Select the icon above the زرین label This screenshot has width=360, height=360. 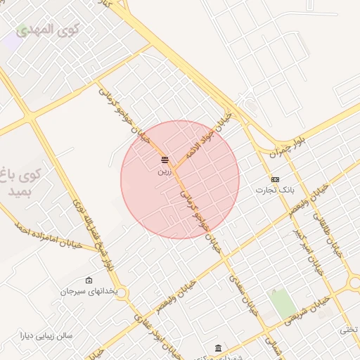pos(165,160)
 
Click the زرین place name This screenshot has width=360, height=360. pos(164,170)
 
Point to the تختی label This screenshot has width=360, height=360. pos(349,329)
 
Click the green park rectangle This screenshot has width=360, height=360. pos(283,303)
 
